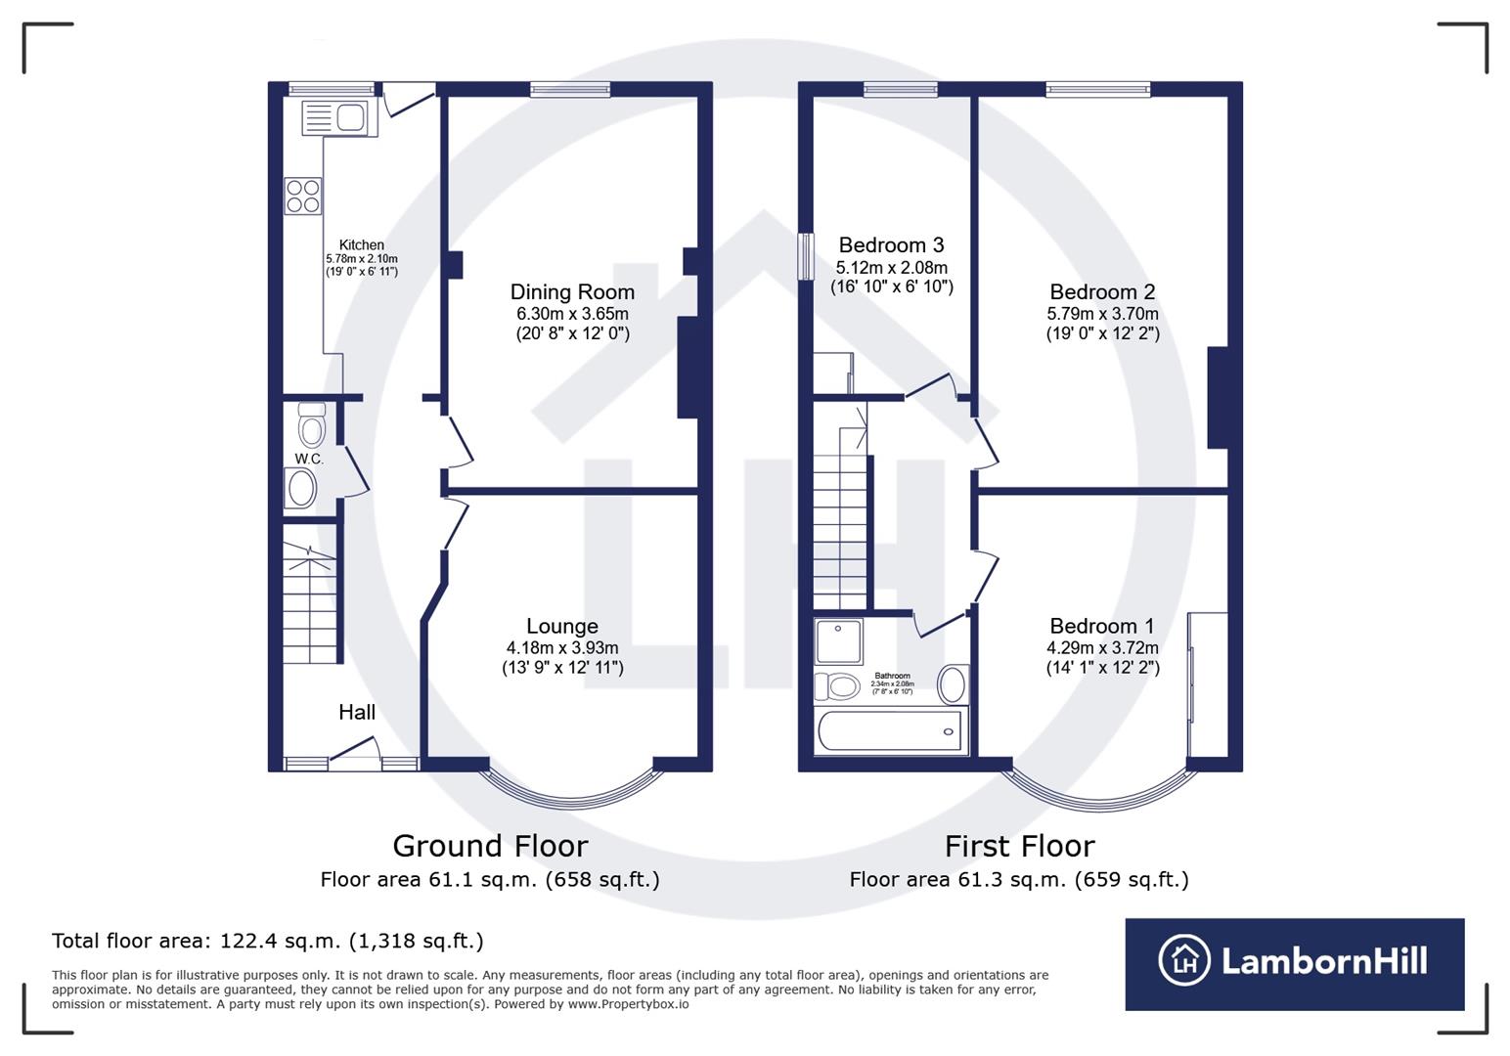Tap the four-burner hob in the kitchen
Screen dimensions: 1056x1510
[x=302, y=196]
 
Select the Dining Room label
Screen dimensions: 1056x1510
[x=572, y=291]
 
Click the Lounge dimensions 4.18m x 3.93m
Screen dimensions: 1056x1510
[x=562, y=647]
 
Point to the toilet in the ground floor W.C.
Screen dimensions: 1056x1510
[x=311, y=426]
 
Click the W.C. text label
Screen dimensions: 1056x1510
[x=309, y=459]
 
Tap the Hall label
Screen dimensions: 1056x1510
[x=357, y=712]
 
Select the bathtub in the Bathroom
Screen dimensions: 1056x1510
[x=889, y=731]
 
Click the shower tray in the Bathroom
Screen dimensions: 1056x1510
[x=838, y=641]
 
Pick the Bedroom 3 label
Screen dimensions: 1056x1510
[x=891, y=244]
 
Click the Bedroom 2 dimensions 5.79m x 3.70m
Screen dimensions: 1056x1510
[x=1102, y=314]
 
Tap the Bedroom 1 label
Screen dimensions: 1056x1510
[x=1102, y=626]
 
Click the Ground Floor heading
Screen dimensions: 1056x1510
[x=490, y=846]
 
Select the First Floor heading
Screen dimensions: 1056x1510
[x=1019, y=846]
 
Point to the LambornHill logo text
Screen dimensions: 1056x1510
[x=1324, y=961]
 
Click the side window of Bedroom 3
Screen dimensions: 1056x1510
[x=805, y=256]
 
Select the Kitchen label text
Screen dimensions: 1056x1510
[x=362, y=244]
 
